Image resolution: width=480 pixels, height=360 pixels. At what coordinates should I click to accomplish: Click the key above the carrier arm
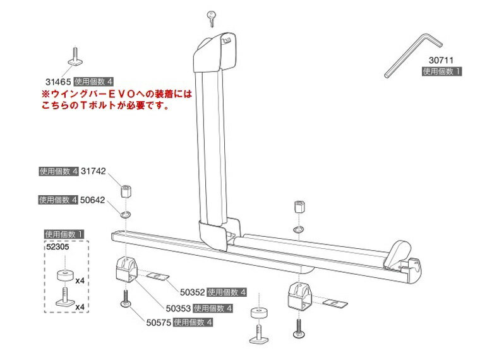[211, 18]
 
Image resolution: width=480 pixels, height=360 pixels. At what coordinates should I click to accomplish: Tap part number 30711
[441, 60]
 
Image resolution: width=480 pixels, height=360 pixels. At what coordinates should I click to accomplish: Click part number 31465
[58, 81]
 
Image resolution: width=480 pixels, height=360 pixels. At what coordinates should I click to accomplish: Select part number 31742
[93, 171]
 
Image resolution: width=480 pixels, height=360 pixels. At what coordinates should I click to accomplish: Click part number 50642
[92, 200]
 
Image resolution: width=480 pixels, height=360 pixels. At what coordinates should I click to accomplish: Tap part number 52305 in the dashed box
[58, 247]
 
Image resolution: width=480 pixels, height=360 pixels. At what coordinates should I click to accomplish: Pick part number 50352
[192, 292]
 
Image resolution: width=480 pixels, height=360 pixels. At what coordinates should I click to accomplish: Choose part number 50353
[178, 308]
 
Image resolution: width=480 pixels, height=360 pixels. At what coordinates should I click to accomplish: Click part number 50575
[159, 322]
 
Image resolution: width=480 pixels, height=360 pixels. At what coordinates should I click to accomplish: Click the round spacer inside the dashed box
[65, 275]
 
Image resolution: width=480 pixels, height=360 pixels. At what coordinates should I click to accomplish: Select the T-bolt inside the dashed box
[65, 297]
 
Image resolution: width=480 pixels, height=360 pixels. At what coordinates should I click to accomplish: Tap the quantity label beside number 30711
[441, 71]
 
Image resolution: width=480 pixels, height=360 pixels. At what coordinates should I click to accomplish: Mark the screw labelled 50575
[126, 299]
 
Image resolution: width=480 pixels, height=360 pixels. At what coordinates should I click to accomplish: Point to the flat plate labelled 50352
[158, 277]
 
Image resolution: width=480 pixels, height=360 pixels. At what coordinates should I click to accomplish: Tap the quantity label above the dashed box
[64, 234]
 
